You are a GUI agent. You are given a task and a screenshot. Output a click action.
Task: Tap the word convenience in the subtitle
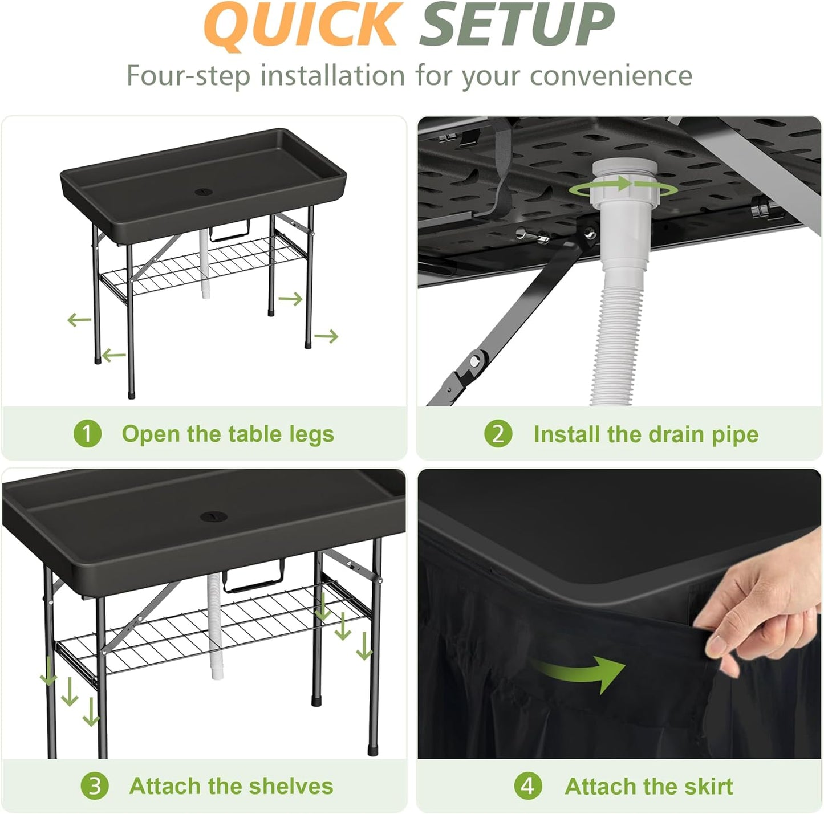tap(611, 76)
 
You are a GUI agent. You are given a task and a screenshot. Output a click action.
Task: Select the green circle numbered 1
tap(87, 434)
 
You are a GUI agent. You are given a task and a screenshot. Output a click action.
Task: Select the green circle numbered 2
tap(498, 434)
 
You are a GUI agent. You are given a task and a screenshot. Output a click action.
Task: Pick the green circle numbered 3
tap(94, 786)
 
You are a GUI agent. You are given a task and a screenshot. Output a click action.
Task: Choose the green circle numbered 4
tap(527, 786)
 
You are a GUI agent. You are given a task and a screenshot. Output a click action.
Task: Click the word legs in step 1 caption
tap(311, 434)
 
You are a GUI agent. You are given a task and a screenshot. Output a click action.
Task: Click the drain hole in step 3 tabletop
tap(214, 517)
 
